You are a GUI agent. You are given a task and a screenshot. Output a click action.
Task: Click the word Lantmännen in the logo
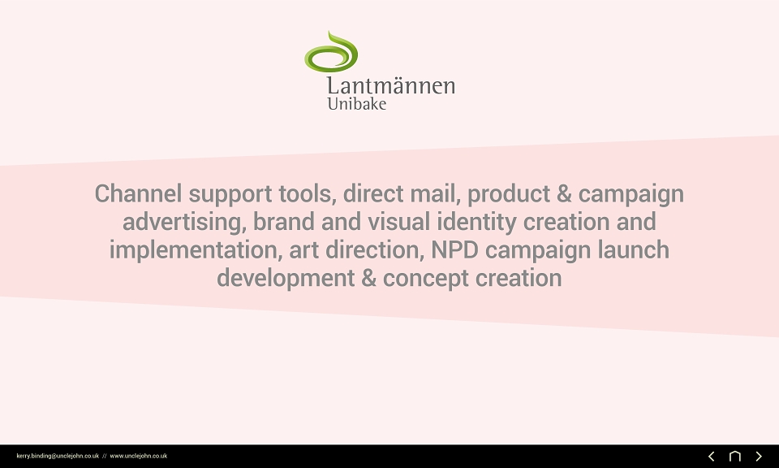(x=391, y=85)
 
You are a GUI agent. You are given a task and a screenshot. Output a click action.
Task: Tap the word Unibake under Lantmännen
(x=357, y=104)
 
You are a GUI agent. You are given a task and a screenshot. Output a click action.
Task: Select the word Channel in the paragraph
(x=138, y=193)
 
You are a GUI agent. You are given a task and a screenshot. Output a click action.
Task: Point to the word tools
(x=307, y=193)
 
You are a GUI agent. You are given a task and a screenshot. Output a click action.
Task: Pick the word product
(x=509, y=194)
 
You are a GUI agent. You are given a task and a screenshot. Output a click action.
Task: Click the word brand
(x=284, y=222)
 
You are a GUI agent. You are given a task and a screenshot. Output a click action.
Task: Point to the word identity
(x=476, y=223)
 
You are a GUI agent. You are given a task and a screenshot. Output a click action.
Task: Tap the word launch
(x=634, y=249)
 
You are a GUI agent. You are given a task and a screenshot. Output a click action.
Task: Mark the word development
(x=286, y=279)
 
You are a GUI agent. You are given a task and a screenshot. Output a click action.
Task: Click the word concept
(x=426, y=279)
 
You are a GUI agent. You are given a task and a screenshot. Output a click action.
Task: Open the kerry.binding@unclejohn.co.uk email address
(x=58, y=456)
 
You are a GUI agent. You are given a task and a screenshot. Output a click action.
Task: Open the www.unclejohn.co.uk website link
(x=139, y=456)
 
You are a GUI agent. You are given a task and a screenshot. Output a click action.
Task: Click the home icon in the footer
(x=735, y=456)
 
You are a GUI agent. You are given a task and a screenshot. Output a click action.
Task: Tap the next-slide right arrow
(x=759, y=456)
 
